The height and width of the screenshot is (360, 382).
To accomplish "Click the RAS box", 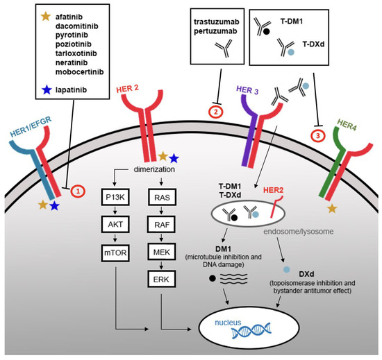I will [x=161, y=196].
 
